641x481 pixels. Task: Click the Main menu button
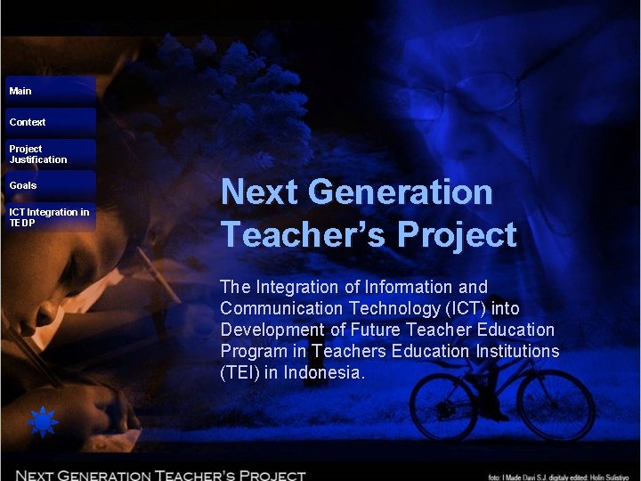pyautogui.click(x=49, y=91)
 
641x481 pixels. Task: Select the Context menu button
pyautogui.click(x=49, y=122)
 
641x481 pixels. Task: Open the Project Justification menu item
pyautogui.click(x=49, y=154)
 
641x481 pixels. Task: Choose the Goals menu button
pyautogui.click(x=49, y=185)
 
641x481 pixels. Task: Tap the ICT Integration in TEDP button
pyautogui.click(x=49, y=217)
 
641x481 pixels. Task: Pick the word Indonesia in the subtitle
pyautogui.click(x=324, y=372)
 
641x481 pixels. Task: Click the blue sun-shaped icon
pyautogui.click(x=42, y=421)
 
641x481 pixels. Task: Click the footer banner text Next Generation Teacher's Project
pyautogui.click(x=160, y=475)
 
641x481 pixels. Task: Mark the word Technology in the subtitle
pyautogui.click(x=399, y=308)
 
